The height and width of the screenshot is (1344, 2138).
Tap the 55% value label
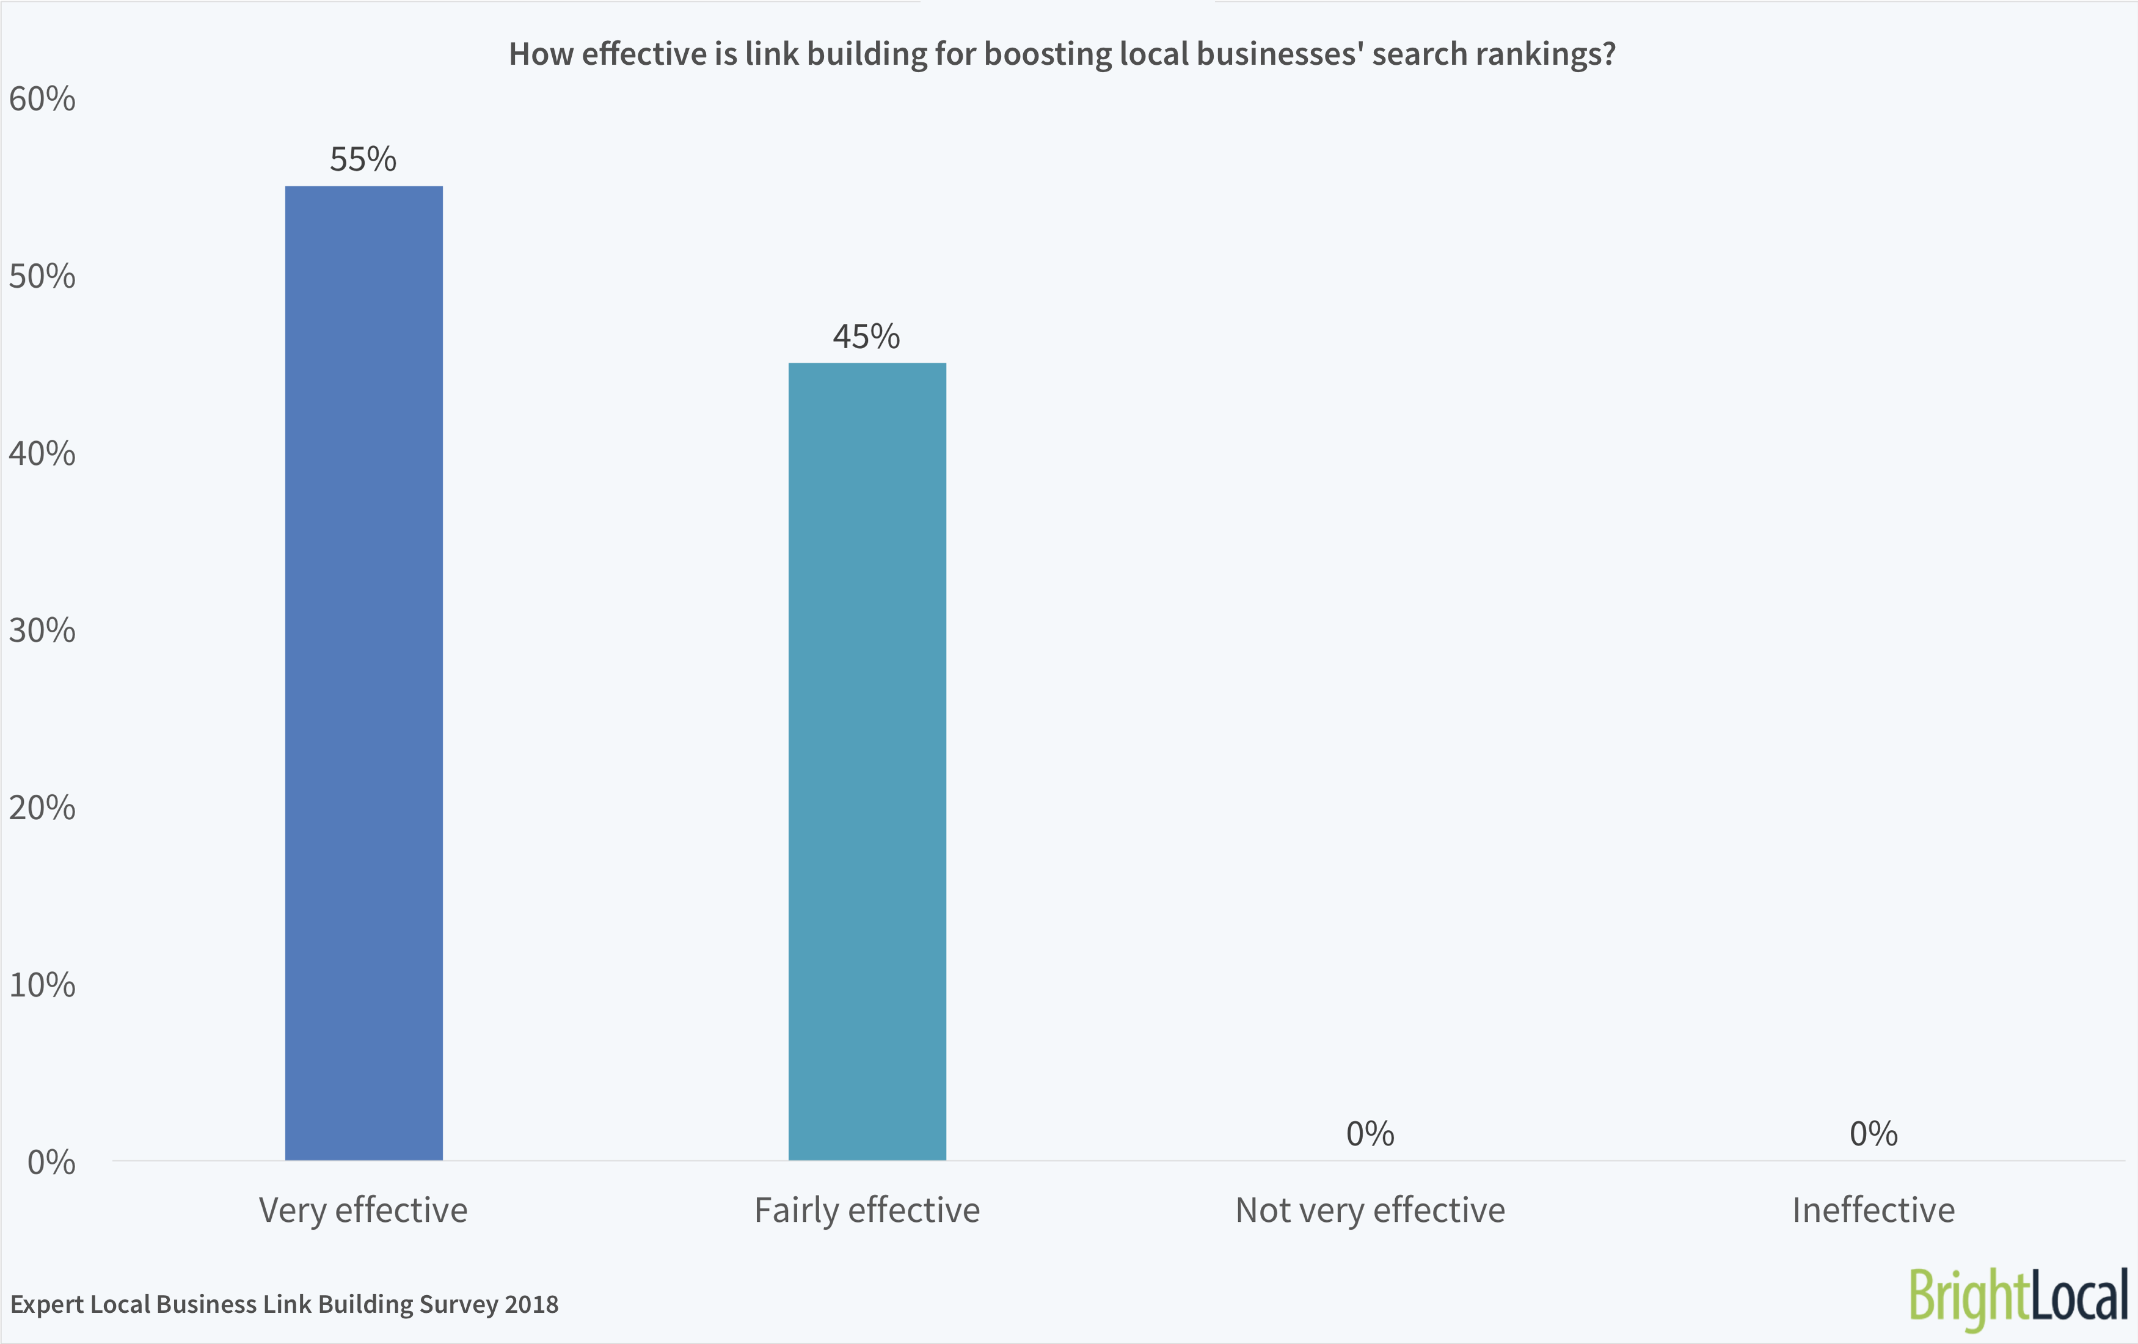[363, 160]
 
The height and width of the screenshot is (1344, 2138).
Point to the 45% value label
[867, 337]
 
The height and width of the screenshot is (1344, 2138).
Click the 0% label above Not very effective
[1370, 1134]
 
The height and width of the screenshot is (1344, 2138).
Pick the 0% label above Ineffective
[1873, 1134]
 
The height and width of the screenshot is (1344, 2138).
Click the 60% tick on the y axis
[43, 100]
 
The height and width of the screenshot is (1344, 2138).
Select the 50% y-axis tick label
[43, 277]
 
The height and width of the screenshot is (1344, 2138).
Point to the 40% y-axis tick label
[43, 454]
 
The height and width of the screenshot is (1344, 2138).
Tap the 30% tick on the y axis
[43, 630]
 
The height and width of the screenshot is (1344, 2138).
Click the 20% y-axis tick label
[43, 808]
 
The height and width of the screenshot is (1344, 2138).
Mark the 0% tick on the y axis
[51, 1162]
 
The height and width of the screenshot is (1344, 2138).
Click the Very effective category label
[363, 1211]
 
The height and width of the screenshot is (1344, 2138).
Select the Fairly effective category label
[867, 1211]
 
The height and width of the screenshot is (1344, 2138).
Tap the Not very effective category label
[1370, 1211]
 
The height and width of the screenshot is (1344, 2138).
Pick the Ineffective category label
[1873, 1211]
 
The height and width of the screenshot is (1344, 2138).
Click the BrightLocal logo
[2019, 1297]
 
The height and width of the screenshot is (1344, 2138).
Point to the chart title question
[1062, 55]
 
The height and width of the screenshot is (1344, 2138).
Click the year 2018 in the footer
[531, 1304]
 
